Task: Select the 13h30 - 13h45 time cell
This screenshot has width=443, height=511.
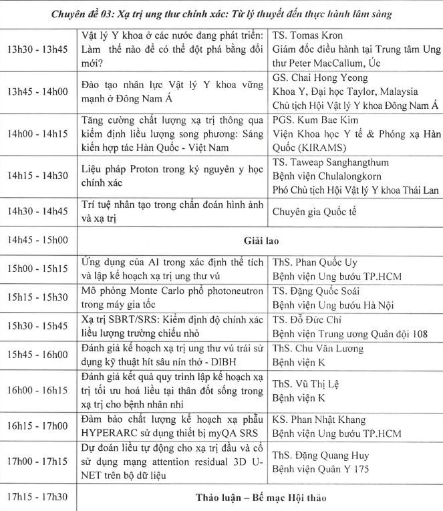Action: tap(38, 51)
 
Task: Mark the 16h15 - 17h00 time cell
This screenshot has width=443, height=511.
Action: tap(38, 430)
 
